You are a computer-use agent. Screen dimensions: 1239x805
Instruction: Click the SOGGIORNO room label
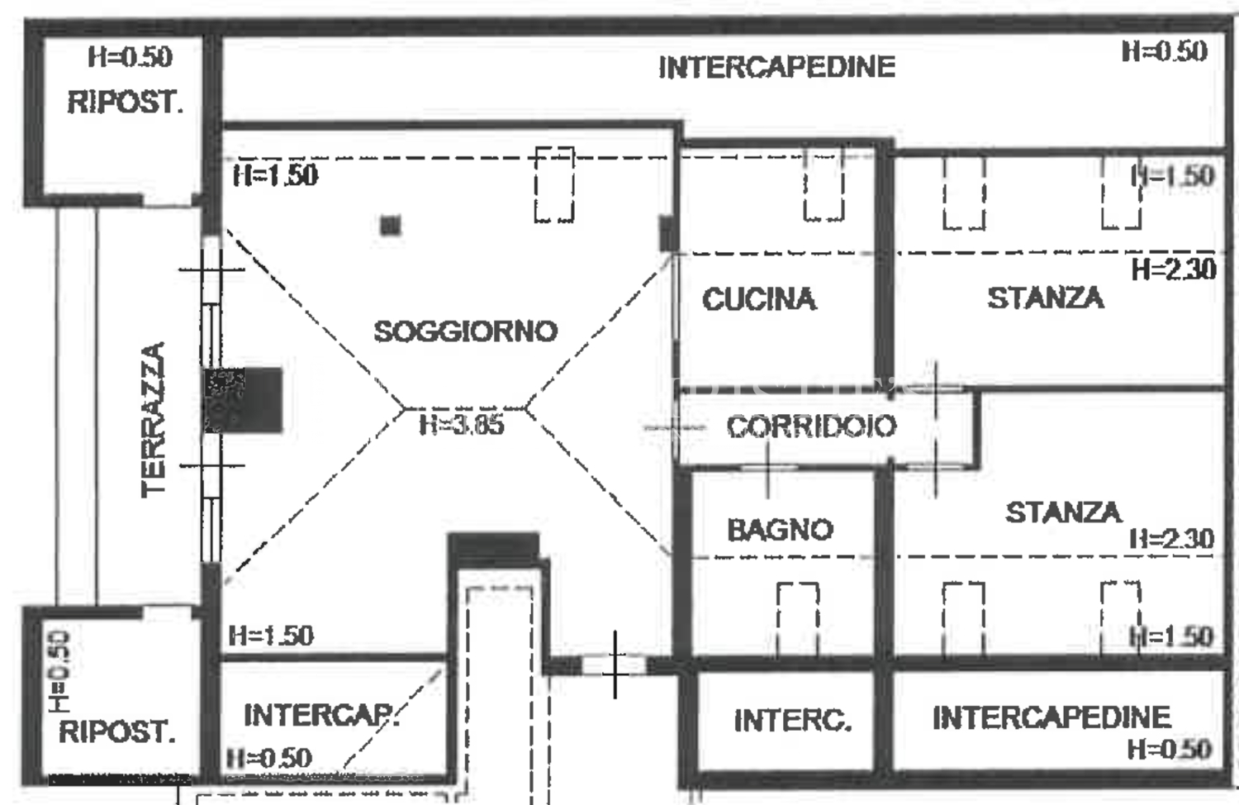coord(466,331)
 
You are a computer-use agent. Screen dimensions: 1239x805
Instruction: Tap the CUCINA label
coord(759,299)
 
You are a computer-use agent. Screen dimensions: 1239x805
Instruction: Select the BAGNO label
coord(780,530)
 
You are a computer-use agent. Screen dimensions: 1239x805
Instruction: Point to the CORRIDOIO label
coord(811,426)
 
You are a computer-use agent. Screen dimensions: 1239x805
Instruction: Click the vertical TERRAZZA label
coord(153,420)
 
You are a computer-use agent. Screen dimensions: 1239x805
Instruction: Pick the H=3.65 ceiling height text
coord(462,425)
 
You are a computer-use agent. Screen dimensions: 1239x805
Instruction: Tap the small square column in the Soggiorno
coord(391,225)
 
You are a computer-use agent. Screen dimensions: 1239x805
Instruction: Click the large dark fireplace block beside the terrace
coord(244,399)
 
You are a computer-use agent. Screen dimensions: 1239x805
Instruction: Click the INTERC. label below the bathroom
coord(793,721)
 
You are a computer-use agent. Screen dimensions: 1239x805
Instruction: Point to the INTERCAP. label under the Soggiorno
coord(320,716)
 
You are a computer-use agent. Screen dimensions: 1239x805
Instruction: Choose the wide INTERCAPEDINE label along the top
coord(776,68)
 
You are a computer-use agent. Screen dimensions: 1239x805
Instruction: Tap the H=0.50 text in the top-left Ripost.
coord(130,56)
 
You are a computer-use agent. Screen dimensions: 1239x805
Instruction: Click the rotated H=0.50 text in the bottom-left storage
coord(59,671)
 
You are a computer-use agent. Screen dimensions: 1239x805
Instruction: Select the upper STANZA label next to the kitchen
coord(1046,298)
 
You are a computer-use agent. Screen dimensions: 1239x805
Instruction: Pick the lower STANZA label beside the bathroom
coord(1063,512)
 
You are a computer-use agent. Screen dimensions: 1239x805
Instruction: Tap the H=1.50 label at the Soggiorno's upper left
coord(275,176)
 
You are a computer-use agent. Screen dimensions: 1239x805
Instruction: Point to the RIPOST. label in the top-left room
coord(125,102)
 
